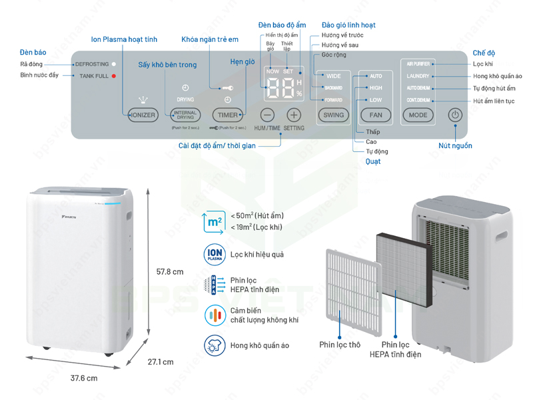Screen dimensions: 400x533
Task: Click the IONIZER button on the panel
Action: click(143, 115)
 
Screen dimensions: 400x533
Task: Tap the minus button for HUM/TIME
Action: click(267, 115)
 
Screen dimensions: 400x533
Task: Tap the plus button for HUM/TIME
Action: click(294, 115)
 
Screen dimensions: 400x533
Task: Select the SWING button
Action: click(334, 115)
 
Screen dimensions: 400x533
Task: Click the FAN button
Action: click(376, 115)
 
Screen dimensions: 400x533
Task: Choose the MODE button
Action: click(418, 115)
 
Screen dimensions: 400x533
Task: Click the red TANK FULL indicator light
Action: click(114, 76)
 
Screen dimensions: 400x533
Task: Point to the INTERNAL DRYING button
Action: click(185, 115)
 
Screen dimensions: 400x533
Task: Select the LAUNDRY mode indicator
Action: click(418, 76)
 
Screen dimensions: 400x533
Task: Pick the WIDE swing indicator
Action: click(334, 76)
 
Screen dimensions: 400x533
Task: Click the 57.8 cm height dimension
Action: click(169, 272)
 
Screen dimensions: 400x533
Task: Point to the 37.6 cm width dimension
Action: click(84, 378)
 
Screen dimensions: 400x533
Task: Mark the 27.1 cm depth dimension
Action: click(160, 362)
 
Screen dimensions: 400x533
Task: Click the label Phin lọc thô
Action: click(340, 345)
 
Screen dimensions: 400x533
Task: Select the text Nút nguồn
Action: click(455, 145)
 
